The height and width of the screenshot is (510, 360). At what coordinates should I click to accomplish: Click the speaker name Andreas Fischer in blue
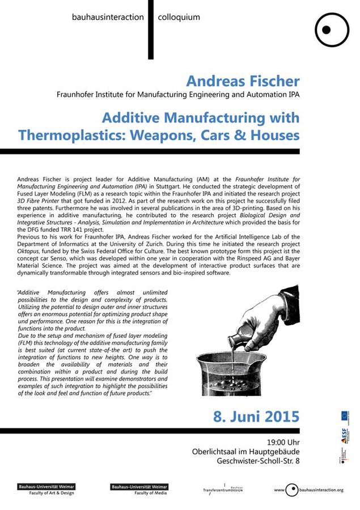tap(243, 80)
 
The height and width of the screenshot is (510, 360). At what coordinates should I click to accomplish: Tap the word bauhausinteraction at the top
tap(108, 17)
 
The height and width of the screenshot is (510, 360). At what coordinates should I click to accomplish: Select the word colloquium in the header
tap(179, 17)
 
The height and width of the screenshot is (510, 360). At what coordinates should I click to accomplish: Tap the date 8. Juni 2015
tap(256, 416)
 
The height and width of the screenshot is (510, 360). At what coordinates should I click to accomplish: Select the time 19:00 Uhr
tap(283, 441)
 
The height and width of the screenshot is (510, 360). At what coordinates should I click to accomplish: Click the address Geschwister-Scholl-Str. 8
tap(259, 461)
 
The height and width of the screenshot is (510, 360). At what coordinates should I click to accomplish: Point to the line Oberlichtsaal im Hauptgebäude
tap(246, 452)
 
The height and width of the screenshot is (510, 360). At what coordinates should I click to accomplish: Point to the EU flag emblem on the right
tap(345, 415)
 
